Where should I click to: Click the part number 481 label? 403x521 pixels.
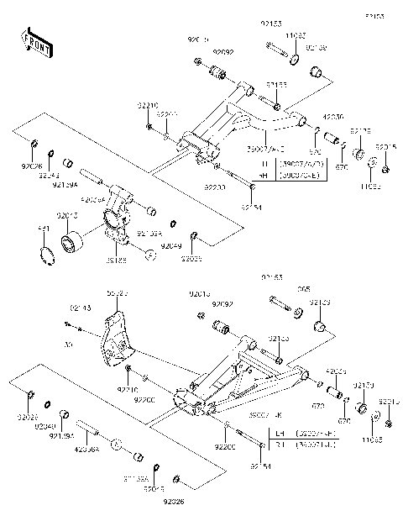(44, 228)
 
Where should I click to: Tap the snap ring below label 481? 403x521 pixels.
(47, 253)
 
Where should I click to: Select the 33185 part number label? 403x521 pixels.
(117, 260)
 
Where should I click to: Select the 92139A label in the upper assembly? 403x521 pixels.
(65, 183)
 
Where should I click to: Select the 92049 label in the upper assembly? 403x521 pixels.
(171, 245)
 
